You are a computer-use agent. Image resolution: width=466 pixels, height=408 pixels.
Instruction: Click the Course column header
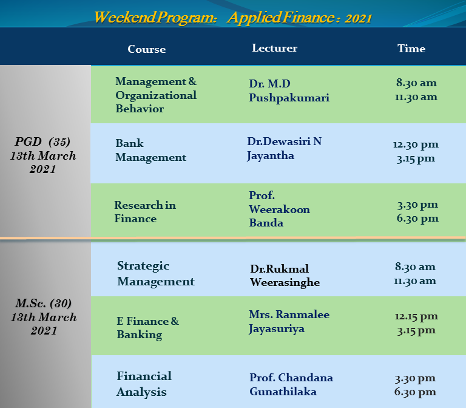(146, 49)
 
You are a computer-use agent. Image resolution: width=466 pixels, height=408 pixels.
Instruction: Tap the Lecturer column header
(275, 48)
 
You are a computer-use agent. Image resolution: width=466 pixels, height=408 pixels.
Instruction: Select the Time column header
(411, 49)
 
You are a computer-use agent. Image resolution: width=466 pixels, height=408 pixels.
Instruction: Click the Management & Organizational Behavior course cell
(156, 95)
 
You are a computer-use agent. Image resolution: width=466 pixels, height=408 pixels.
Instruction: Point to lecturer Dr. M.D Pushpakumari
(289, 90)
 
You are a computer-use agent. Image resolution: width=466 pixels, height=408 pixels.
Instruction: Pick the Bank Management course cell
(150, 150)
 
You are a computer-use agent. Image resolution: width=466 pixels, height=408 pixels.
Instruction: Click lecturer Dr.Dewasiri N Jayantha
(285, 148)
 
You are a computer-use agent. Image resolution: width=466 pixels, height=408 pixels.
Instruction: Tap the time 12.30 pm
(416, 145)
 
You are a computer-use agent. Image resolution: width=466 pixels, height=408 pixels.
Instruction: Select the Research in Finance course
(145, 212)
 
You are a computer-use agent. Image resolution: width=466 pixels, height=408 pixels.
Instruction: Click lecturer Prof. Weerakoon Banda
(279, 209)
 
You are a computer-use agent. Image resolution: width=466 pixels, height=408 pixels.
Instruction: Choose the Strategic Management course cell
(156, 274)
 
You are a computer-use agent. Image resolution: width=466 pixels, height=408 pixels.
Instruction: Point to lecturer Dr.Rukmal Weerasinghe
(285, 276)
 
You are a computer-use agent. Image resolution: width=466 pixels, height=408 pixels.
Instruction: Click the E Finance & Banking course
(147, 328)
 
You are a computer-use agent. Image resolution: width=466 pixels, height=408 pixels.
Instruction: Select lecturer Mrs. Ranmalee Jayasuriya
(289, 322)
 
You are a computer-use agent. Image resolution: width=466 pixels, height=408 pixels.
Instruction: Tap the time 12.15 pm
(416, 316)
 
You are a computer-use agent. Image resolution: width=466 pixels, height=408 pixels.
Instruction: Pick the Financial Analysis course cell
(144, 384)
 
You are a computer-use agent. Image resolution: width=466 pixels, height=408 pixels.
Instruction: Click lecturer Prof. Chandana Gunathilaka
(291, 384)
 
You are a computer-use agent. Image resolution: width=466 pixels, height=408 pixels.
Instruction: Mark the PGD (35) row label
(42, 141)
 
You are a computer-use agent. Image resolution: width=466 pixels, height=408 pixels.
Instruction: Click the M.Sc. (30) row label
(44, 303)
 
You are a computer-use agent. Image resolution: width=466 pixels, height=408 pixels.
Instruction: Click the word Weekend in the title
(125, 17)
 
